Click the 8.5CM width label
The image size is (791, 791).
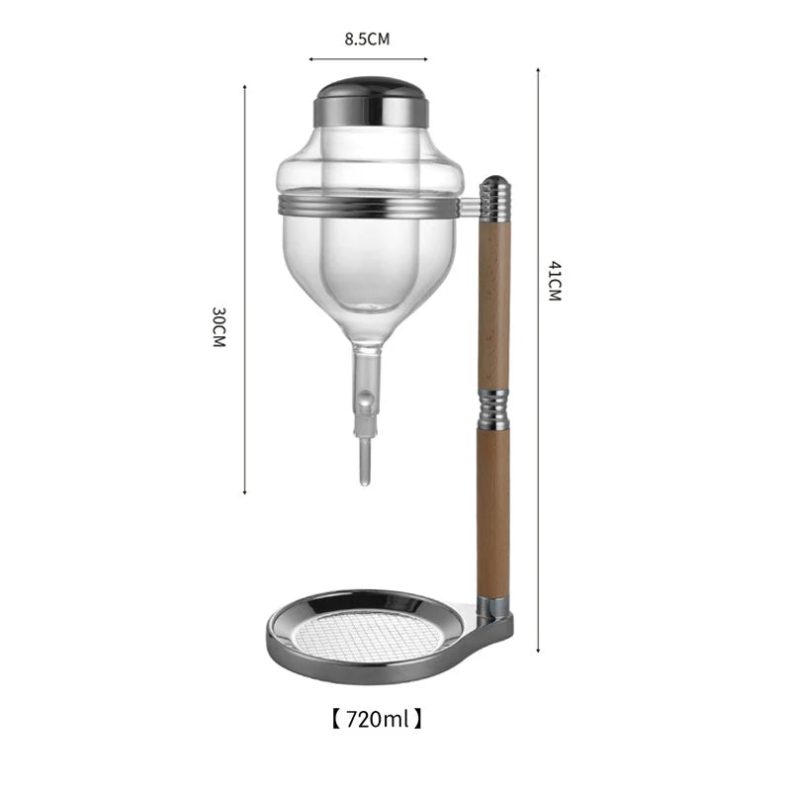[x=367, y=40]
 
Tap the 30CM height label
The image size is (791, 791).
[x=219, y=327]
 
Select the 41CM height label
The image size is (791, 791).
[x=555, y=281]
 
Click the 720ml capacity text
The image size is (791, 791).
[x=378, y=719]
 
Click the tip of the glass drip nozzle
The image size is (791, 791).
[x=365, y=484]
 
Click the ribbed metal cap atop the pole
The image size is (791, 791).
[x=495, y=199]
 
